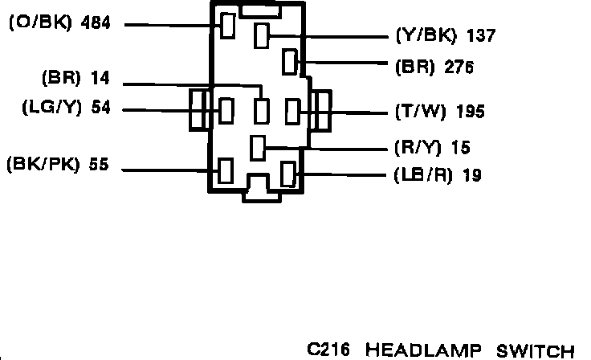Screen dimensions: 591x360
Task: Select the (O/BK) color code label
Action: point(39,24)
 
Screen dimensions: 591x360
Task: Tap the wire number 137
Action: point(480,36)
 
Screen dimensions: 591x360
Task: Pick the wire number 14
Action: point(100,79)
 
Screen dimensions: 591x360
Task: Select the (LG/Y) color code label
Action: point(51,108)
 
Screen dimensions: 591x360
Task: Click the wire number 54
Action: point(100,108)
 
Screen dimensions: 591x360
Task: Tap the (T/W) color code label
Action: point(420,112)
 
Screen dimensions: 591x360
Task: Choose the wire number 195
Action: point(469,112)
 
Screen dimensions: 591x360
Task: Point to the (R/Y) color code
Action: point(420,148)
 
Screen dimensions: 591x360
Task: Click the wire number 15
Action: point(461,148)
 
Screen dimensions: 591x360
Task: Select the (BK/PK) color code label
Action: point(40,166)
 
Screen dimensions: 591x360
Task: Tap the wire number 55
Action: point(98,166)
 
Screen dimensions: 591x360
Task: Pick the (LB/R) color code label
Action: point(422,175)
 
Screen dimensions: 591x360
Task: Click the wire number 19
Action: point(472,175)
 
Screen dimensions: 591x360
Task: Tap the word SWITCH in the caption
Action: point(536,350)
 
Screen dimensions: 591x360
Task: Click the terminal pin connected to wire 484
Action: point(228,25)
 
